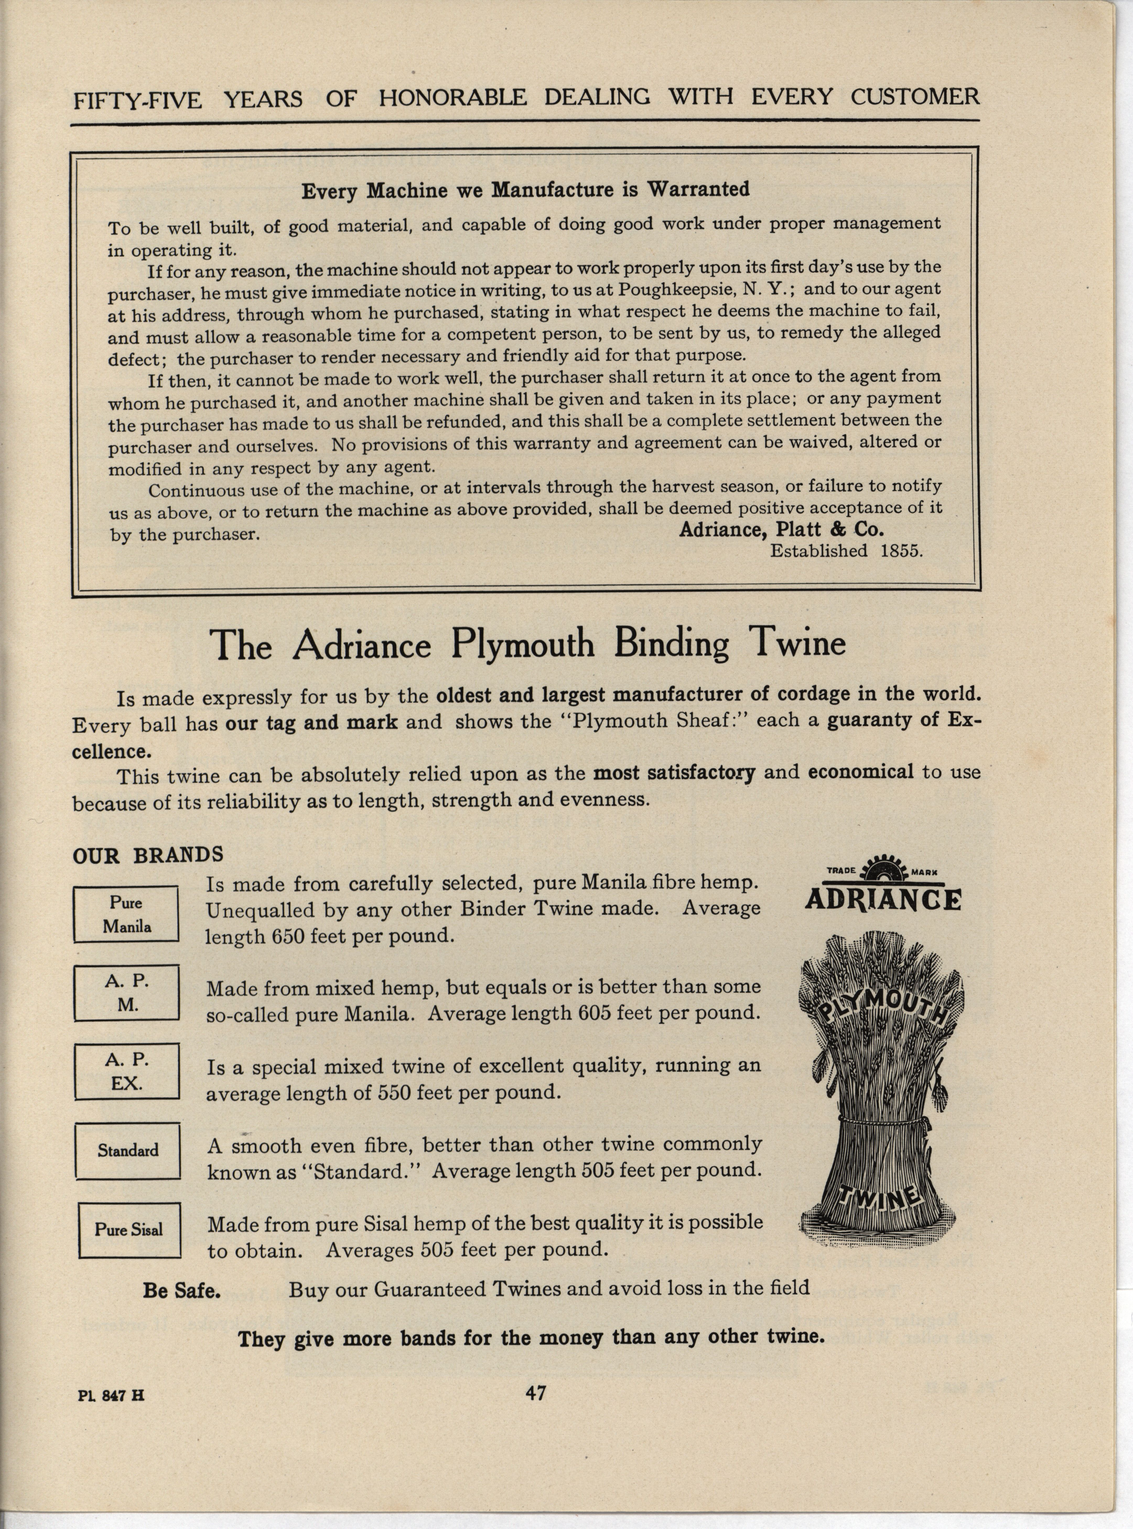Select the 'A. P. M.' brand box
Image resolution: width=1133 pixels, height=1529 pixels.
click(127, 992)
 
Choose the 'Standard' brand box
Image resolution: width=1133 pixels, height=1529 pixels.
click(128, 1150)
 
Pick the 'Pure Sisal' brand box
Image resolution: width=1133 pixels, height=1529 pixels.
click(129, 1229)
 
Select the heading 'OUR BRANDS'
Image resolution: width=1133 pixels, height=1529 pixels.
click(148, 855)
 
